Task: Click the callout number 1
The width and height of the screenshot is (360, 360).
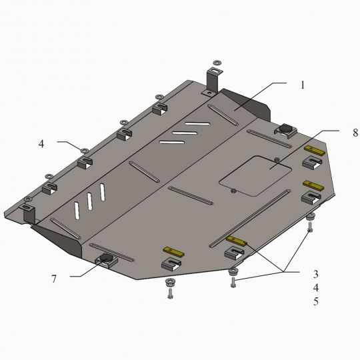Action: pyautogui.click(x=303, y=85)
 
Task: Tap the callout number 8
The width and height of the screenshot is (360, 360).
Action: pyautogui.click(x=355, y=133)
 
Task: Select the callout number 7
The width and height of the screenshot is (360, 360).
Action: pyautogui.click(x=54, y=279)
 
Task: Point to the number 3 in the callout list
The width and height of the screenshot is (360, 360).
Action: pyautogui.click(x=316, y=274)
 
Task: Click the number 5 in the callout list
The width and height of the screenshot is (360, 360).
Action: pyautogui.click(x=316, y=301)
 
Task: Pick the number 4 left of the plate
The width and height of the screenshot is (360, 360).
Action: pyautogui.click(x=41, y=144)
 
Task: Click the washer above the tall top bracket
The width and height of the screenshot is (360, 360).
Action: pyautogui.click(x=217, y=63)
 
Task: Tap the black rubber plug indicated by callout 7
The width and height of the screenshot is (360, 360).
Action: pyautogui.click(x=106, y=257)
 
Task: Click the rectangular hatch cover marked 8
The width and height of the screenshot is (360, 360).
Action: pyautogui.click(x=255, y=176)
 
